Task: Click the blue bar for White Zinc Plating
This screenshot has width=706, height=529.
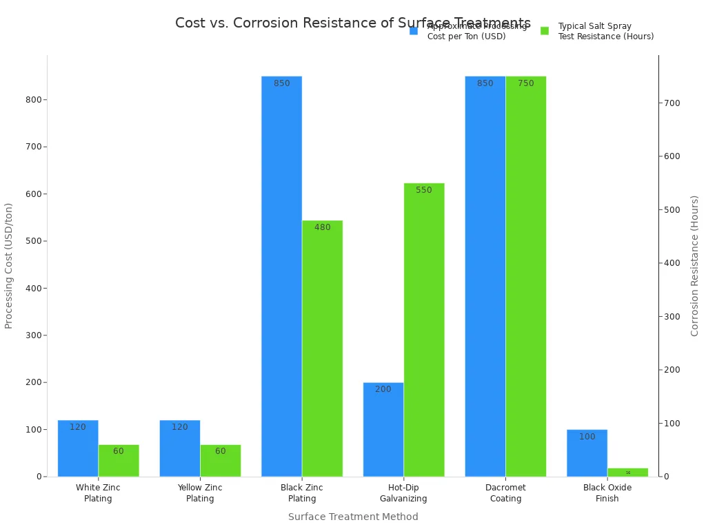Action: [x=78, y=448]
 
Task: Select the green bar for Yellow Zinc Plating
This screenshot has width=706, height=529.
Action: [x=221, y=461]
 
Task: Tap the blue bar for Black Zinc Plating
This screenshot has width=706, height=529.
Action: [x=281, y=276]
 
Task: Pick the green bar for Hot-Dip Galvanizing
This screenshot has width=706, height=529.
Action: [x=424, y=331]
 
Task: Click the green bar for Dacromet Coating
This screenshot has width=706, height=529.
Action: [x=525, y=276]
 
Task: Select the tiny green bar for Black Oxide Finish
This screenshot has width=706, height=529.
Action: [x=627, y=473]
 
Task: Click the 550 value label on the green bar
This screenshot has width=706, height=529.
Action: [x=424, y=190]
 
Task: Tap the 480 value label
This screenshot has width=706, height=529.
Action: [x=323, y=227]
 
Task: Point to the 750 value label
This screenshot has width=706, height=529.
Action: [x=526, y=83]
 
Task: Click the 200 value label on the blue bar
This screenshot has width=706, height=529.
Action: [x=383, y=389]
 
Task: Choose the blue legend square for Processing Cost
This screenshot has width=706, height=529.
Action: [x=414, y=31]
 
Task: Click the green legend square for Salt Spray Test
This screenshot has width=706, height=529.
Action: [x=545, y=31]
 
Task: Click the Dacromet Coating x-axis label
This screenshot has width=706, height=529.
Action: [x=505, y=492]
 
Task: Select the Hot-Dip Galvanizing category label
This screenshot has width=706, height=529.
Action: [x=403, y=492]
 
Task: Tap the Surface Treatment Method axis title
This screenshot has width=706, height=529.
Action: [x=353, y=517]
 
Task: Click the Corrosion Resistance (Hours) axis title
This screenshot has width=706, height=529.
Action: [x=695, y=265]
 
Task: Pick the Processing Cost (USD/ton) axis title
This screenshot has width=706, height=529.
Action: [x=9, y=265]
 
